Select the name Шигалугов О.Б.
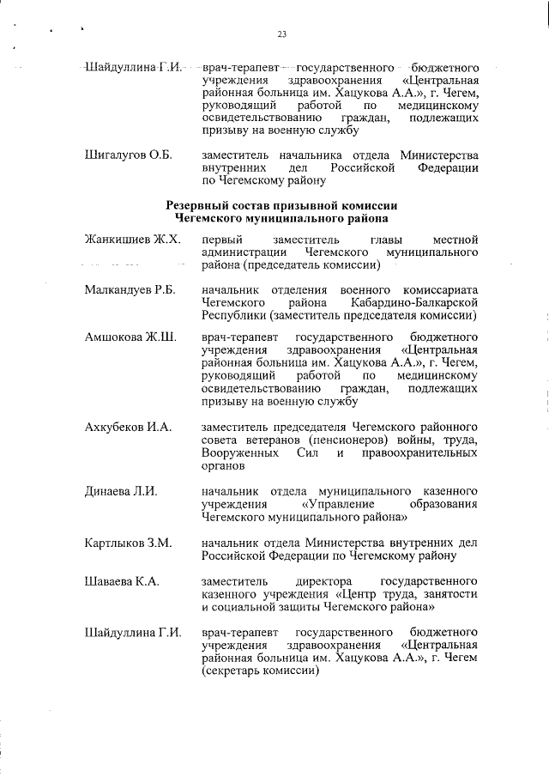129,155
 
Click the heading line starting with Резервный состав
282,206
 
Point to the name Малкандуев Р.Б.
130,290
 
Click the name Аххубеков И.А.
129,427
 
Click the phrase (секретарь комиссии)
256,671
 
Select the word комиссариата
437,290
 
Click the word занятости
450,594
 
